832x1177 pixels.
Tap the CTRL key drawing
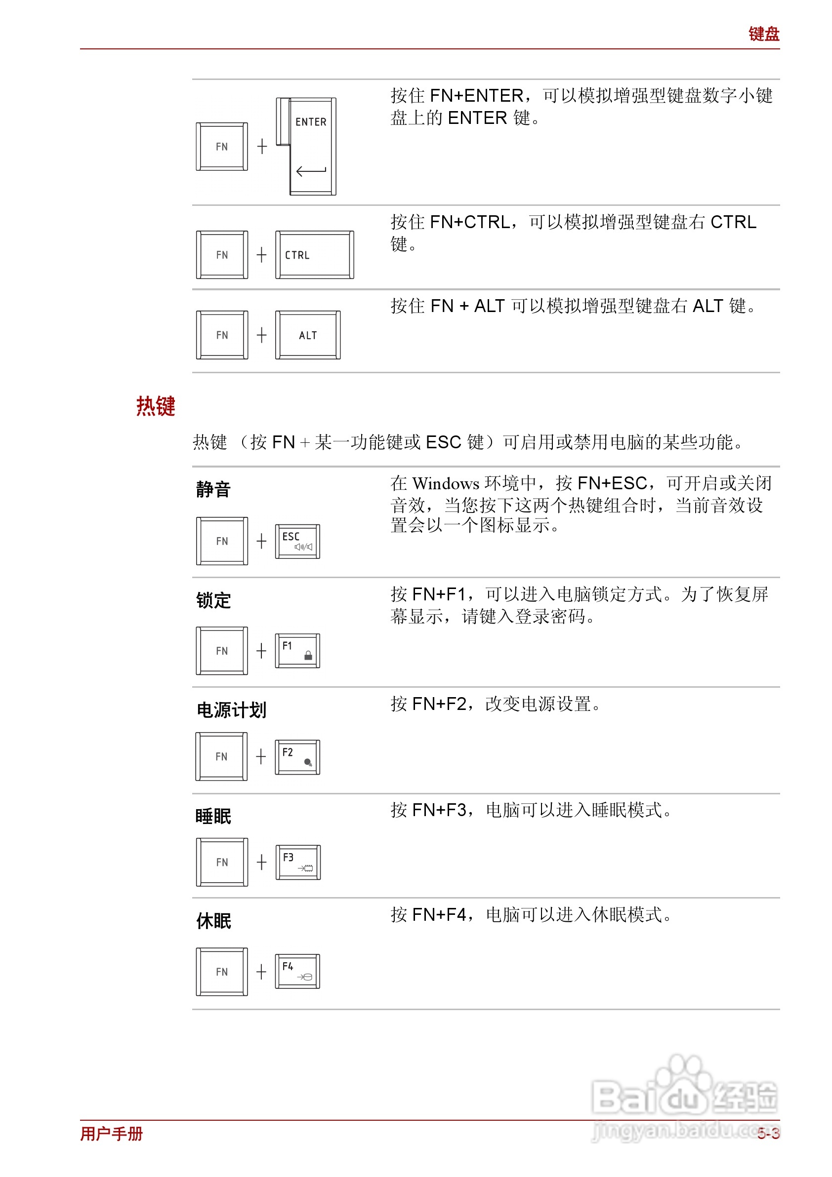click(314, 255)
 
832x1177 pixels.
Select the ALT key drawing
click(308, 335)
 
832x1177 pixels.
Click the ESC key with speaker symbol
click(297, 541)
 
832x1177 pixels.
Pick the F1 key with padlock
click(297, 651)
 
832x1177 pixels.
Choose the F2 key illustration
click(297, 757)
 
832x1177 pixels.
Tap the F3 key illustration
click(298, 862)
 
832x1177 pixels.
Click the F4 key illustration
click(297, 972)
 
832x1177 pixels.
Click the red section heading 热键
click(156, 406)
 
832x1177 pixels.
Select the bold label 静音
click(213, 490)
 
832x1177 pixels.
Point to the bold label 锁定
click(213, 600)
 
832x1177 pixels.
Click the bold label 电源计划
click(231, 710)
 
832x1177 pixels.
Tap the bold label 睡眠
click(213, 816)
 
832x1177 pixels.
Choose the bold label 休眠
click(213, 921)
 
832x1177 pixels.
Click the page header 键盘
click(763, 34)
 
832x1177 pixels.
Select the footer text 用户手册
click(111, 1134)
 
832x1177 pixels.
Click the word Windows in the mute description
click(445, 483)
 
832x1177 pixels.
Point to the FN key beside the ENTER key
click(222, 147)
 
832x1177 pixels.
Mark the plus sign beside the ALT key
click(261, 335)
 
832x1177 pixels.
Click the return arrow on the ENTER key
click(311, 171)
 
